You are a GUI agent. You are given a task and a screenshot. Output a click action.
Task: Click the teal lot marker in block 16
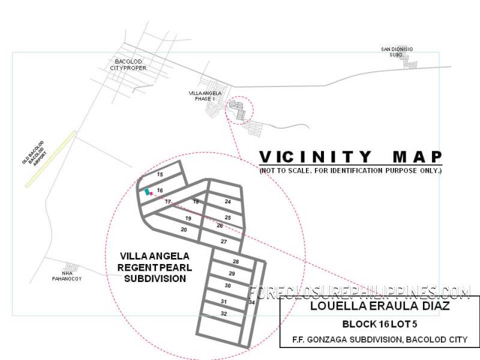point(147,191)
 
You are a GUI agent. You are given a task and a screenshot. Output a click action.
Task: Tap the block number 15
point(160,175)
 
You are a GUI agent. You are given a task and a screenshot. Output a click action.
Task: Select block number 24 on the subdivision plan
point(228,202)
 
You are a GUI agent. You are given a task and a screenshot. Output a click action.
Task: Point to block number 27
point(224,242)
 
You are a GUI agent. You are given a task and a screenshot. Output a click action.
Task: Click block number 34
point(251,302)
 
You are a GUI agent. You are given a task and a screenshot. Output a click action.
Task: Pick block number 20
point(184,230)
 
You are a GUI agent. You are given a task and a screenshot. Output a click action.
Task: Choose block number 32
point(224,314)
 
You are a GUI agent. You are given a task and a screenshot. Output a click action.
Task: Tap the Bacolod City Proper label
point(128,65)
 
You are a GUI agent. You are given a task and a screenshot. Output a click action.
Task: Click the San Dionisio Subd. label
point(397,52)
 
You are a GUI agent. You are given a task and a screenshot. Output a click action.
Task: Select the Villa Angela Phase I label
point(205,96)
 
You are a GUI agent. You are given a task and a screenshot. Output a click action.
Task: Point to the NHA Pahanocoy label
point(67,276)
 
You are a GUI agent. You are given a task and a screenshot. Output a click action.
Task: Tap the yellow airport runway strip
point(51,159)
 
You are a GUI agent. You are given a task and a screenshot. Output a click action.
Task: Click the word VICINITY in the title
point(316,157)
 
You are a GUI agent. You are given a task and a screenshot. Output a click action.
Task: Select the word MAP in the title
point(417,157)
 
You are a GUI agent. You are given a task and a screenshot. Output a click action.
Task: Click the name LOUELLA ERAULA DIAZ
point(380,306)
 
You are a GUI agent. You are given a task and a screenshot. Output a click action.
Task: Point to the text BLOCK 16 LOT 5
point(380,324)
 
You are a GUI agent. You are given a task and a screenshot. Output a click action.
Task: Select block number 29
point(232,274)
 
